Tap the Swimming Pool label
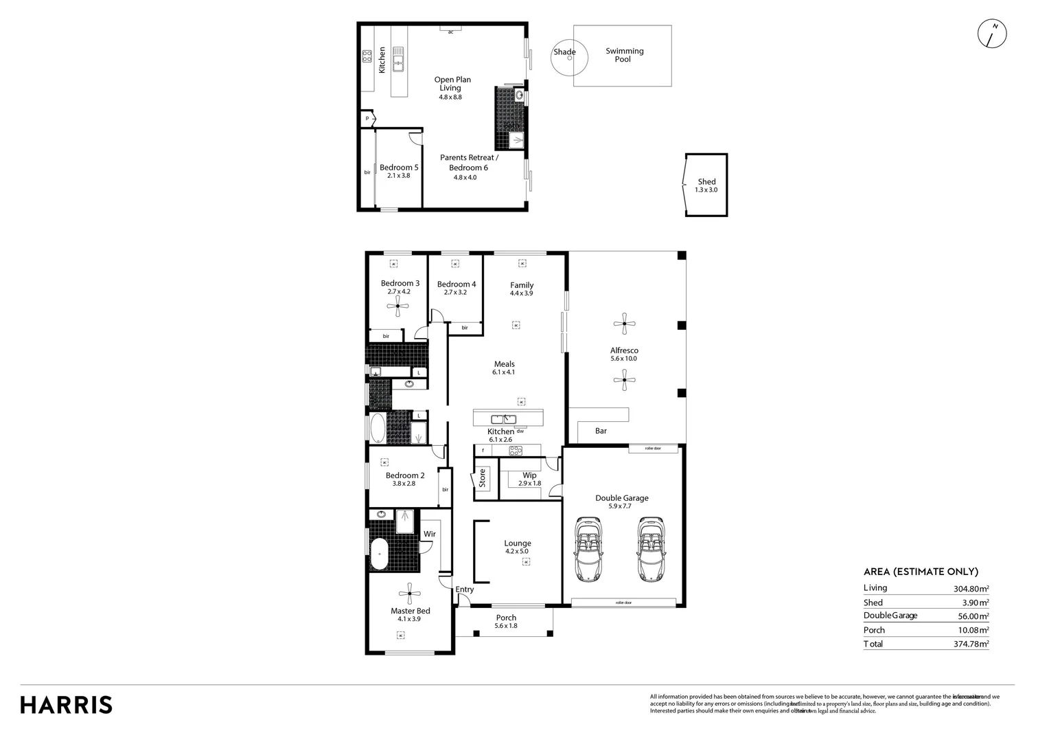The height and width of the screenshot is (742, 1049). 624,55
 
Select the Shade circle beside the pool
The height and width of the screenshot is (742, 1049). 569,58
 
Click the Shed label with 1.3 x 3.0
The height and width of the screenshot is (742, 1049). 706,185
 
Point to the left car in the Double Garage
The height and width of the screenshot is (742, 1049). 588,549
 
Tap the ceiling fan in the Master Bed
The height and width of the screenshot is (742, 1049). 409,593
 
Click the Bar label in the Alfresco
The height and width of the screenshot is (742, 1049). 601,431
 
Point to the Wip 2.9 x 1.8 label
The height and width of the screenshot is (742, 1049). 529,479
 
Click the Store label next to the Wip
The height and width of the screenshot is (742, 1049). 482,477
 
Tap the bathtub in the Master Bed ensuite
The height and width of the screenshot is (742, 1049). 379,554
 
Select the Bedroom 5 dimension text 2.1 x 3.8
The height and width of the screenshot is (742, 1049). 398,176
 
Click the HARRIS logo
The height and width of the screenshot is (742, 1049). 66,705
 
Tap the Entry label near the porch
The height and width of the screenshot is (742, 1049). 464,589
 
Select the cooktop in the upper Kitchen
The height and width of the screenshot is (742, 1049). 367,56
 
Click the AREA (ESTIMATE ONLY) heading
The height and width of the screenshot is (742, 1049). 920,572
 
